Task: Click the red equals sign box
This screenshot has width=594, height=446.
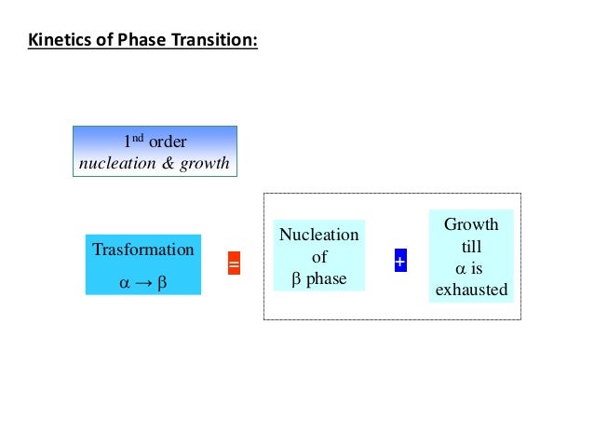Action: tap(234, 265)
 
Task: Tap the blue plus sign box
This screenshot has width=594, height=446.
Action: tap(399, 263)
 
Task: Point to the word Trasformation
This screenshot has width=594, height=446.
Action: tap(143, 250)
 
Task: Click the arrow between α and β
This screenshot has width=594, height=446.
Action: tap(143, 280)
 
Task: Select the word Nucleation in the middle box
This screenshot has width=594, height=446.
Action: tap(318, 236)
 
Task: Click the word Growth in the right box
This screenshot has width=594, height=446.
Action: tap(470, 224)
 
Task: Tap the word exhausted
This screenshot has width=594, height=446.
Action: tap(471, 290)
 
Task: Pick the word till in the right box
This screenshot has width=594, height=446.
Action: tap(471, 247)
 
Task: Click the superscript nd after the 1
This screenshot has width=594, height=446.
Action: tap(139, 138)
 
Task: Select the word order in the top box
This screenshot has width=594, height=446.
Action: tap(168, 142)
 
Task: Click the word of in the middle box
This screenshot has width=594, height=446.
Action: tap(318, 257)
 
